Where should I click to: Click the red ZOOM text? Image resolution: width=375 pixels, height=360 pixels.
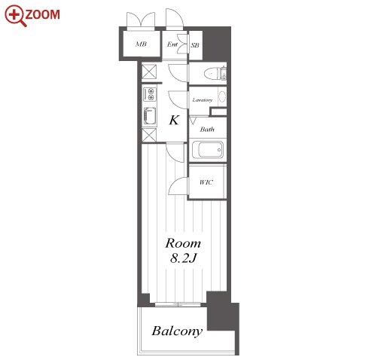click(x=42, y=14)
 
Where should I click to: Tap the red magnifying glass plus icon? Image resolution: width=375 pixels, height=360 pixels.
click(x=15, y=16)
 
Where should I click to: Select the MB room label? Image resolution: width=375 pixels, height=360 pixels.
click(x=141, y=44)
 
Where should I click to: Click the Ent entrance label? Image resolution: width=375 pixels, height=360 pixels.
click(x=172, y=44)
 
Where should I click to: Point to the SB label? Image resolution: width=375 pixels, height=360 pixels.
click(x=195, y=45)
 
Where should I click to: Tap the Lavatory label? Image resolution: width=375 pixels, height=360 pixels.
click(x=203, y=100)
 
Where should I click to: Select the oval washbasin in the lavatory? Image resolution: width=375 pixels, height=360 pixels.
click(x=222, y=96)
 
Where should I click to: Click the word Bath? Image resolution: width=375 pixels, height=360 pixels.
click(x=207, y=130)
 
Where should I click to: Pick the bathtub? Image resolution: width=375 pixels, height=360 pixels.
click(x=208, y=150)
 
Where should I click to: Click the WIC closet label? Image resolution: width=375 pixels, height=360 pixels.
click(x=206, y=182)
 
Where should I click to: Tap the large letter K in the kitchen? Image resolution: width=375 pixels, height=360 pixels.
click(x=174, y=120)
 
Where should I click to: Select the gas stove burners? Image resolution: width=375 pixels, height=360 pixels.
click(x=150, y=94)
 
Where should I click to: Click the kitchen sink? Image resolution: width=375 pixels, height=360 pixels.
click(x=150, y=117)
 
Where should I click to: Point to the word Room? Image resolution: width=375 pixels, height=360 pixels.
click(x=183, y=243)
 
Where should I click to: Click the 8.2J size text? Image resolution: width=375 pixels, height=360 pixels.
click(x=183, y=258)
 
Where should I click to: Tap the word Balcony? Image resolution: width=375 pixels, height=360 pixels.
click(x=177, y=331)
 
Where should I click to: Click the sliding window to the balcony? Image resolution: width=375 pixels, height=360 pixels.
click(x=178, y=304)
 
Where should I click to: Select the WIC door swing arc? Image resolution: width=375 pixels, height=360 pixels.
click(x=175, y=185)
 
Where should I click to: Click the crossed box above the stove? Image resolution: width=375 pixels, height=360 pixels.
click(x=149, y=72)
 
